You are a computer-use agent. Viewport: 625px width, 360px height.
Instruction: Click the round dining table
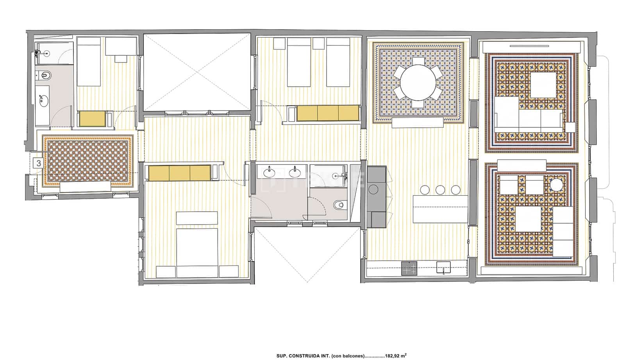coord(418,83)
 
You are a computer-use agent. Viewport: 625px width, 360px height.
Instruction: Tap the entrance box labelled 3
coord(38,163)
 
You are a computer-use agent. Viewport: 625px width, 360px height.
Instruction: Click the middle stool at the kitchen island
coord(440,190)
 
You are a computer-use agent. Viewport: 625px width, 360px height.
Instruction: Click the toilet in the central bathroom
coord(339,205)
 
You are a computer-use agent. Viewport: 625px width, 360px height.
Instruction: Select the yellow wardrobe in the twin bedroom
coord(328,113)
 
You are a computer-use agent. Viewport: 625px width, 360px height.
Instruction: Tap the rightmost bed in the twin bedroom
coord(338,62)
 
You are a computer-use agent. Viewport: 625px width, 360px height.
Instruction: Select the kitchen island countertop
coord(440,209)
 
